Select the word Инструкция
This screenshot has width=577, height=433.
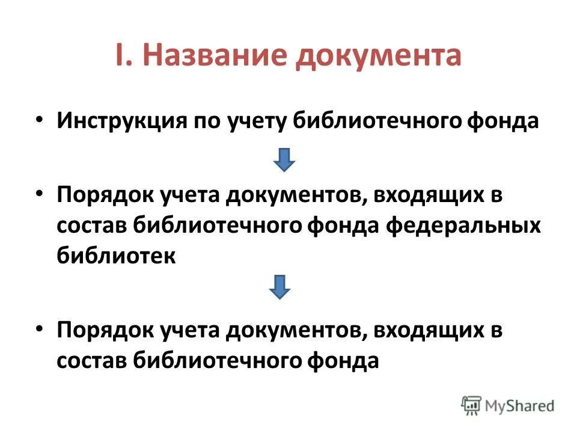[123, 120]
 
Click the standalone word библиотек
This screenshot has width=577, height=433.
[117, 255]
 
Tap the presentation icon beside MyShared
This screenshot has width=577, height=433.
[472, 406]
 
